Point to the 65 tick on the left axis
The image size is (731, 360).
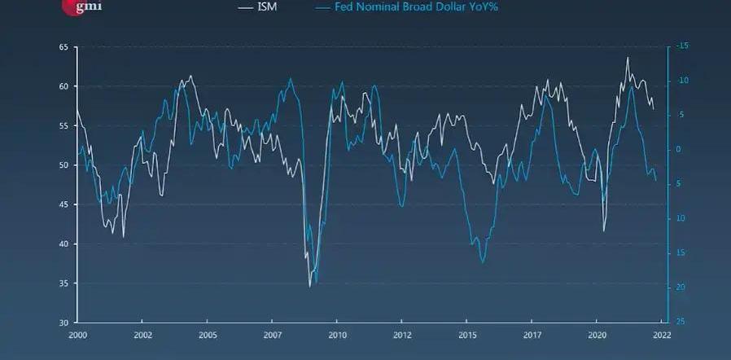63,47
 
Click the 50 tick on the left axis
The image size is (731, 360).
63,165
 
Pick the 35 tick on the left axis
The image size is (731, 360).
63,283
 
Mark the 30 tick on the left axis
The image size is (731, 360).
63,323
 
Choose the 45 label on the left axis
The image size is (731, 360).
63,204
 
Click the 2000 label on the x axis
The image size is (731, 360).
78,335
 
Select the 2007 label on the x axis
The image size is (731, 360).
273,335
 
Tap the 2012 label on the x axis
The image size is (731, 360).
402,335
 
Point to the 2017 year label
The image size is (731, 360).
532,335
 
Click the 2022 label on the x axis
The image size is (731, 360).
662,335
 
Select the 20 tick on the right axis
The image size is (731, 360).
679,288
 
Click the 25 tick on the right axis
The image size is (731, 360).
679,322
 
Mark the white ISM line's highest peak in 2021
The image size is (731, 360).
627,57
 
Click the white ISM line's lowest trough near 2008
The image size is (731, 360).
310,286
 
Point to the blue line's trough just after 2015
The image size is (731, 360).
483,262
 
